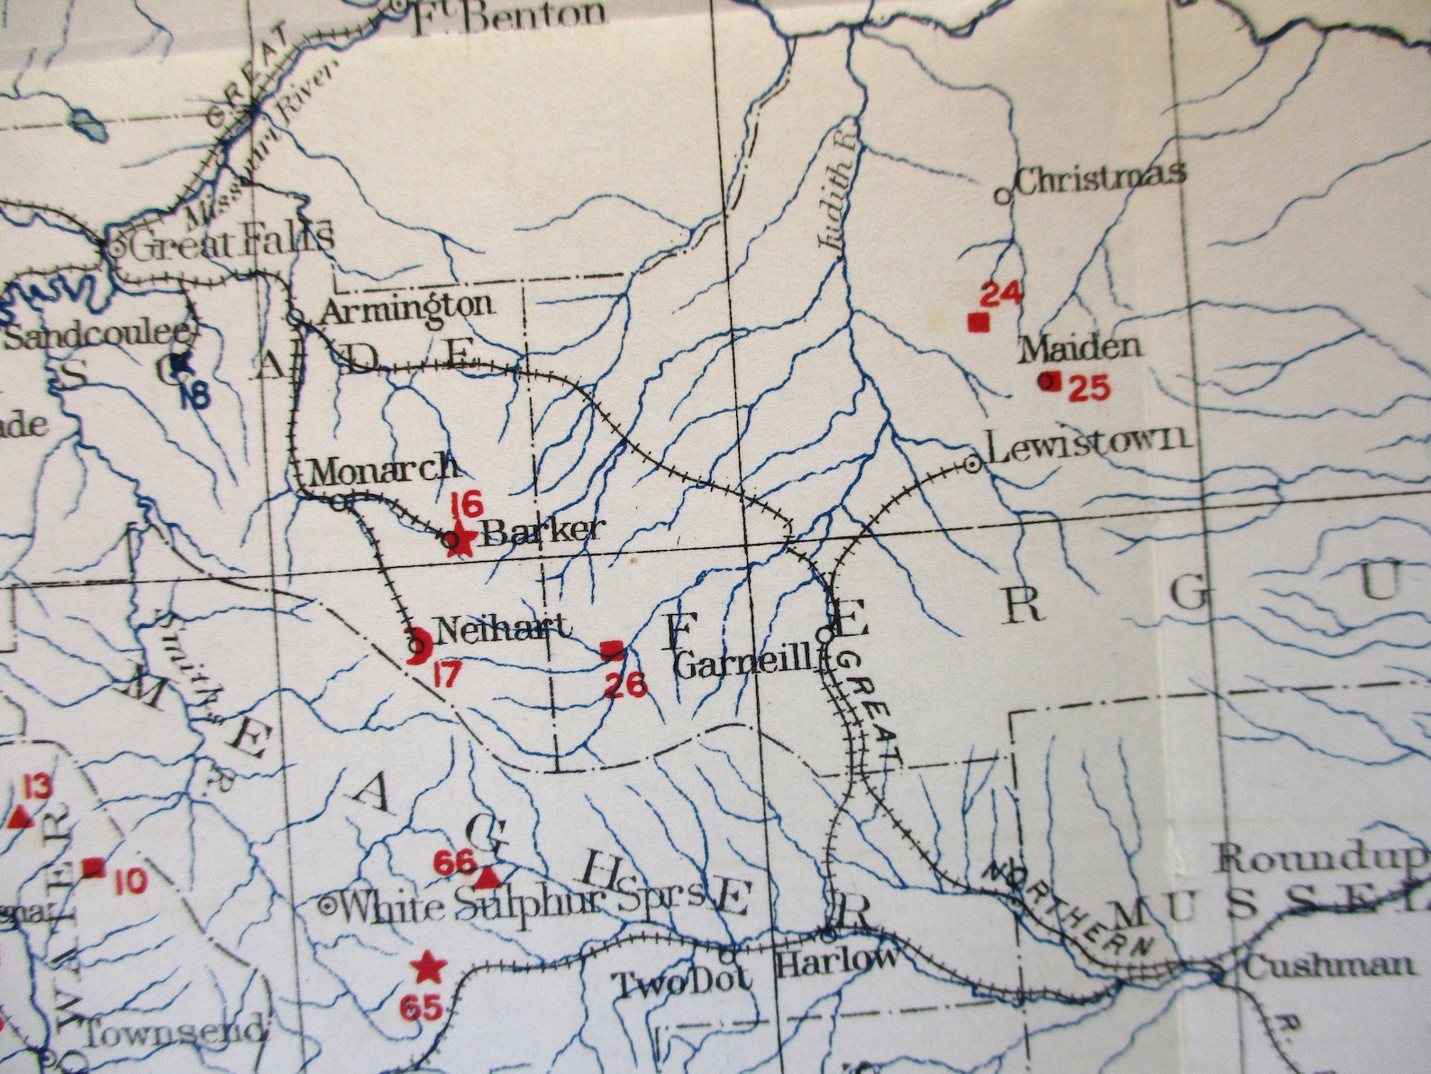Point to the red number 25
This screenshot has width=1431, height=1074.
pos(1088,388)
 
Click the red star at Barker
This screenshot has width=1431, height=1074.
pos(461,540)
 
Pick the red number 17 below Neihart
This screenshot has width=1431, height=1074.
pos(446,674)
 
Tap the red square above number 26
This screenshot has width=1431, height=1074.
pos(612,648)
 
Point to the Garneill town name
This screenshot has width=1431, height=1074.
pos(744,665)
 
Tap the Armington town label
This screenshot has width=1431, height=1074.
pos(406,308)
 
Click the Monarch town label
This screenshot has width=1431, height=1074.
pos(382,469)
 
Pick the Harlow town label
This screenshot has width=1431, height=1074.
pos(836,960)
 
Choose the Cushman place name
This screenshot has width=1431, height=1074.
pos(1327,966)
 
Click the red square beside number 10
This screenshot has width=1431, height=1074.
pos(93,867)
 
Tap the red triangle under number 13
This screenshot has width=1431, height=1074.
pos(21,818)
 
